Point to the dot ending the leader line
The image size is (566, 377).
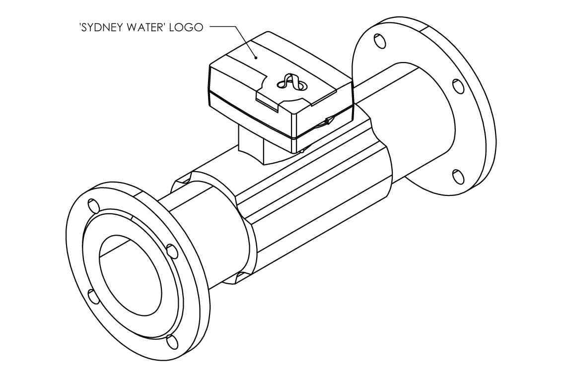tap(256, 58)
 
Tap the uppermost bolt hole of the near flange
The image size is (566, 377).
tap(93, 204)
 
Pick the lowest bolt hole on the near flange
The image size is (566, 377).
tap(172, 341)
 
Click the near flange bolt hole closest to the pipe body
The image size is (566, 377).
tap(172, 251)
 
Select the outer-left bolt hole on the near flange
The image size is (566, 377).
tap(93, 296)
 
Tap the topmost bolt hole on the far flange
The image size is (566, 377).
tap(379, 41)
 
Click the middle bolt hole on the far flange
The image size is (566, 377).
tap(459, 86)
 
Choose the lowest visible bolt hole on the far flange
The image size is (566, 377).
tap(459, 177)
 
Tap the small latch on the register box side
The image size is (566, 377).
tap(328, 121)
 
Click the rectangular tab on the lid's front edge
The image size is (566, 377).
tap(268, 101)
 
